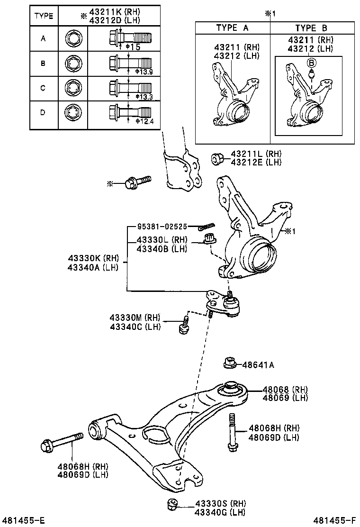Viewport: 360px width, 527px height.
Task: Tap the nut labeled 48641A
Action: point(229,364)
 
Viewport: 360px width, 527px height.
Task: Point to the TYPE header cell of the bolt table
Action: point(43,15)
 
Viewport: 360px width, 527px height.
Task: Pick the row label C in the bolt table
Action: point(43,88)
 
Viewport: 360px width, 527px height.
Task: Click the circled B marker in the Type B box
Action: point(311,62)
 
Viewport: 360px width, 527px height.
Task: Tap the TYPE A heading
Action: point(232,28)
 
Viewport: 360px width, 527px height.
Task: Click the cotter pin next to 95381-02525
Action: point(207,227)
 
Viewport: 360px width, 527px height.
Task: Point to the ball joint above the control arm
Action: point(223,303)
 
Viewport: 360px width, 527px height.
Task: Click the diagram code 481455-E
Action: point(24,520)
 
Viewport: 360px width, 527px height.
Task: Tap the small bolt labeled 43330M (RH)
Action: point(184,326)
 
